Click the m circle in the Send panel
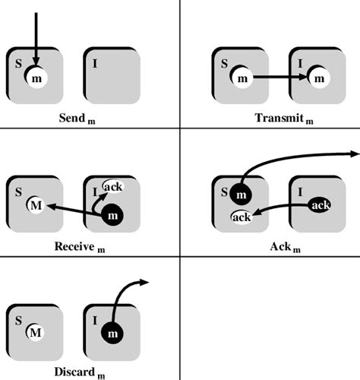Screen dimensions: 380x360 click(37, 78)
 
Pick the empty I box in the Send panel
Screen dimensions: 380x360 click(112, 75)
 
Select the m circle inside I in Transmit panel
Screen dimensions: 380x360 click(318, 78)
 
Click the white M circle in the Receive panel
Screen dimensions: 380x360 click(36, 204)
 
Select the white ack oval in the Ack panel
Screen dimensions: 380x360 click(242, 217)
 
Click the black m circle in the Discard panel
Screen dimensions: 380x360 click(112, 333)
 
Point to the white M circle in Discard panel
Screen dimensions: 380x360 click(36, 332)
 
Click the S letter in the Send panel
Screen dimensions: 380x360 click(15, 62)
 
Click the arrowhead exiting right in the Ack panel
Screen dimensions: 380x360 click(354, 154)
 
